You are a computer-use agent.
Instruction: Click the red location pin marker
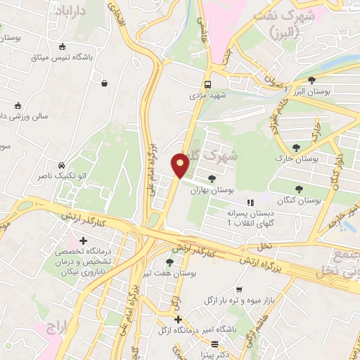pos(181,165)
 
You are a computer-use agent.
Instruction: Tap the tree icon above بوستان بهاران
pos(212,178)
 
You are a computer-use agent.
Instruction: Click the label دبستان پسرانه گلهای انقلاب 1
pos(249,217)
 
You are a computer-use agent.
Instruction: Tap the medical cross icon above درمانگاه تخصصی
pos(84,241)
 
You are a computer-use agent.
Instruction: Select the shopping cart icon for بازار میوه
pos(239,289)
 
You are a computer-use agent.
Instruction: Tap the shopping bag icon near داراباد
pos(105,83)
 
